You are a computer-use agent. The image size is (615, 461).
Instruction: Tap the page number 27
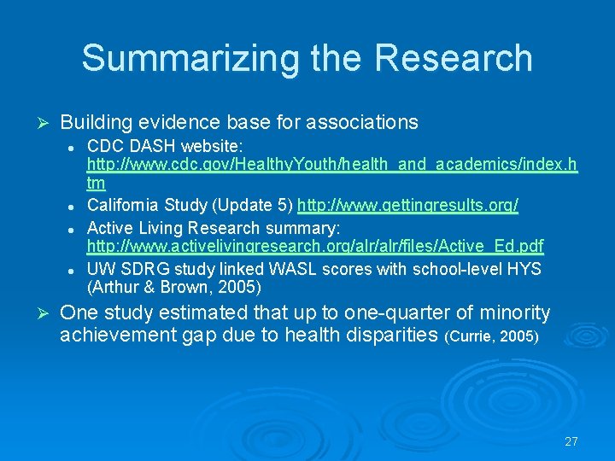tap(571, 441)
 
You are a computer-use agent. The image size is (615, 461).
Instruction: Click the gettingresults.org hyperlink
tap(407, 206)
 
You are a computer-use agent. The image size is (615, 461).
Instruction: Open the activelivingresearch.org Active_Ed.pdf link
tap(315, 247)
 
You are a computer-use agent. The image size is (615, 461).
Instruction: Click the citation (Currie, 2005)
tap(492, 336)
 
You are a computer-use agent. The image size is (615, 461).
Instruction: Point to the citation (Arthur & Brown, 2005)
tap(174, 287)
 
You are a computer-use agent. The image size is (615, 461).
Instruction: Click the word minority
tap(513, 312)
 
